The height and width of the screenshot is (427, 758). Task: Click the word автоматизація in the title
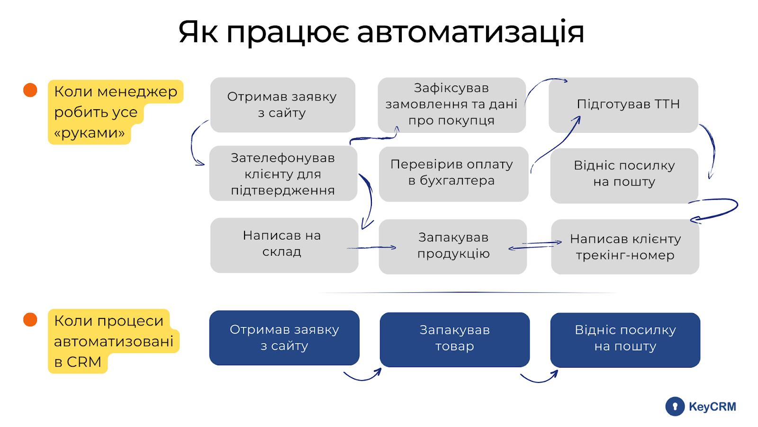click(x=470, y=32)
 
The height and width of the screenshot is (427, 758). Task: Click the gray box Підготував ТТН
click(x=623, y=105)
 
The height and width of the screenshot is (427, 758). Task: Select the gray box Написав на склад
click(x=284, y=245)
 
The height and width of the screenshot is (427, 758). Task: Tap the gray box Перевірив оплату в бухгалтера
click(x=453, y=174)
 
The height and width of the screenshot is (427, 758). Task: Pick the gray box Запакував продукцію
click(x=453, y=246)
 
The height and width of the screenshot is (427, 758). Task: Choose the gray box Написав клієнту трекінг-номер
click(x=625, y=247)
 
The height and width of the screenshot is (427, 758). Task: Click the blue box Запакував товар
click(x=454, y=339)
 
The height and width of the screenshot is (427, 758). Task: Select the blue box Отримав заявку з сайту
click(x=284, y=338)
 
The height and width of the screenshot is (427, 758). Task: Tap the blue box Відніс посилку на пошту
click(x=625, y=339)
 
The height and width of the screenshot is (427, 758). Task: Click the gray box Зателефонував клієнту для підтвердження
click(x=283, y=174)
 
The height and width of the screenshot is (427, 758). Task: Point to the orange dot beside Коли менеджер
click(x=30, y=90)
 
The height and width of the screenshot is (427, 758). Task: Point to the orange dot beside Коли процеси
click(x=30, y=320)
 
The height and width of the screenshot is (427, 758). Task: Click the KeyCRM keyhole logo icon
click(x=675, y=407)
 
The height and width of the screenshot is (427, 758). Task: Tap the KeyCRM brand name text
click(x=712, y=407)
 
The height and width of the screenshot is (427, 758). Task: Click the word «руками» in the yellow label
click(x=90, y=133)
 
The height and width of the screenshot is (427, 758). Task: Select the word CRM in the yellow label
click(x=84, y=362)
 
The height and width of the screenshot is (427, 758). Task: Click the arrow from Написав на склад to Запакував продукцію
click(x=372, y=248)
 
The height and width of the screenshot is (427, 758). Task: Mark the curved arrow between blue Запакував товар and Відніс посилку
click(x=539, y=378)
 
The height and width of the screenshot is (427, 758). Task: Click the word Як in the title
click(x=198, y=32)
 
